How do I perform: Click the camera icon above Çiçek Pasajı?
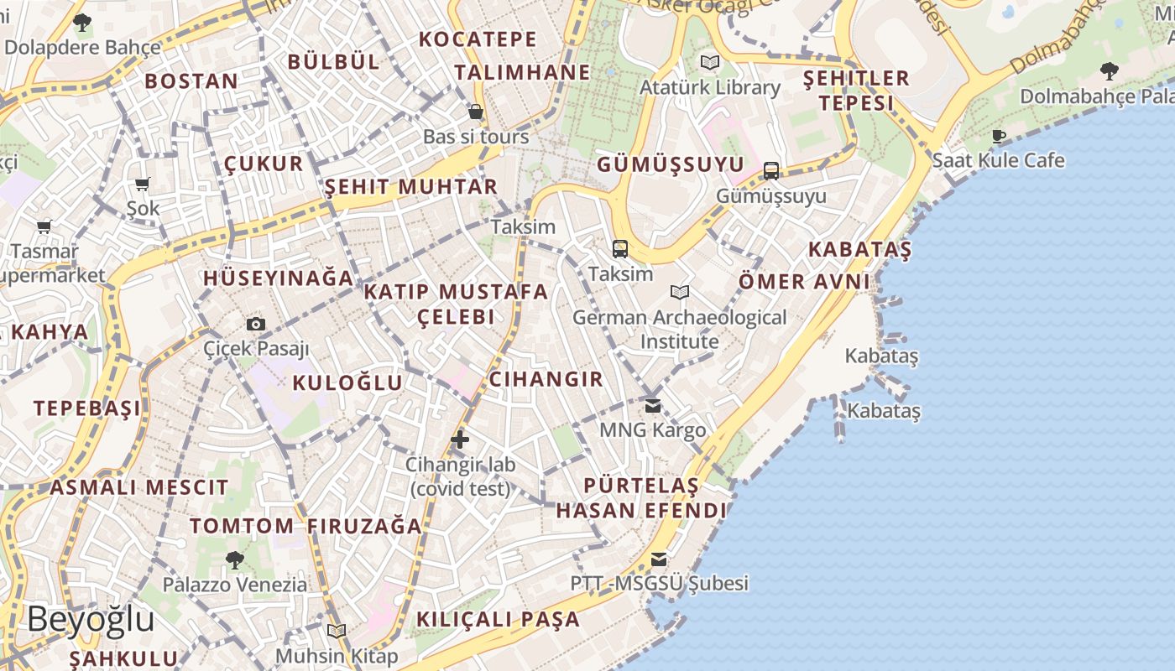coord(256,324)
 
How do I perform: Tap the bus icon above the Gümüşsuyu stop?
coord(771,171)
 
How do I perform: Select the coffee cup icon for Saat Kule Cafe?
coord(999,136)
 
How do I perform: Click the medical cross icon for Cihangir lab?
coord(460,439)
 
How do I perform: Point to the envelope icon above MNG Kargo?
coord(653,406)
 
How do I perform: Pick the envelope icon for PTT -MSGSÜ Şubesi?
coord(659,559)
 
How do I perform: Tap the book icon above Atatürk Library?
coord(710,62)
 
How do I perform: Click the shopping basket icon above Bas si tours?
coord(476,112)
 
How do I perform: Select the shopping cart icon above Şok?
coord(143,184)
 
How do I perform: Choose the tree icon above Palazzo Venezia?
coord(235,559)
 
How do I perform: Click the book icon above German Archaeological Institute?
coord(680,293)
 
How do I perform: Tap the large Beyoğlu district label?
coord(91,620)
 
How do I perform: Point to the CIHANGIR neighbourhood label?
coord(546,379)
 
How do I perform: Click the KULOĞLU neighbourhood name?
coord(347,383)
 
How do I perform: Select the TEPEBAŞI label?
coord(87,408)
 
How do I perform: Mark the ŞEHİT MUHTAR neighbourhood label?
coord(411,186)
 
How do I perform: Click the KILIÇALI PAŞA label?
coord(499,619)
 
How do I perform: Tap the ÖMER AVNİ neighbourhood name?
coord(804,281)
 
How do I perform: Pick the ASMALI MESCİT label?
coord(139,487)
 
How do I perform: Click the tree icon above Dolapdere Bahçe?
coord(82,23)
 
